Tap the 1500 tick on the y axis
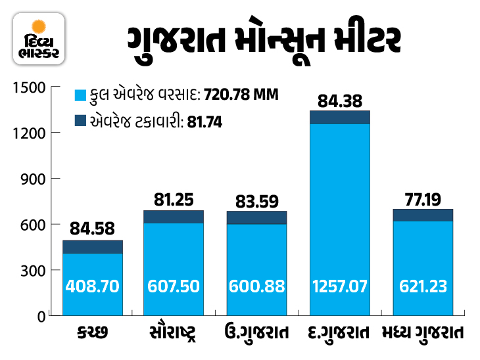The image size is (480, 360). coord(30,87)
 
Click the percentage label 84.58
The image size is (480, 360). coord(93,229)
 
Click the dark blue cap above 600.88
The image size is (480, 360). coord(256,217)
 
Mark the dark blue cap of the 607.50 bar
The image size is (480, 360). coord(174,217)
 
